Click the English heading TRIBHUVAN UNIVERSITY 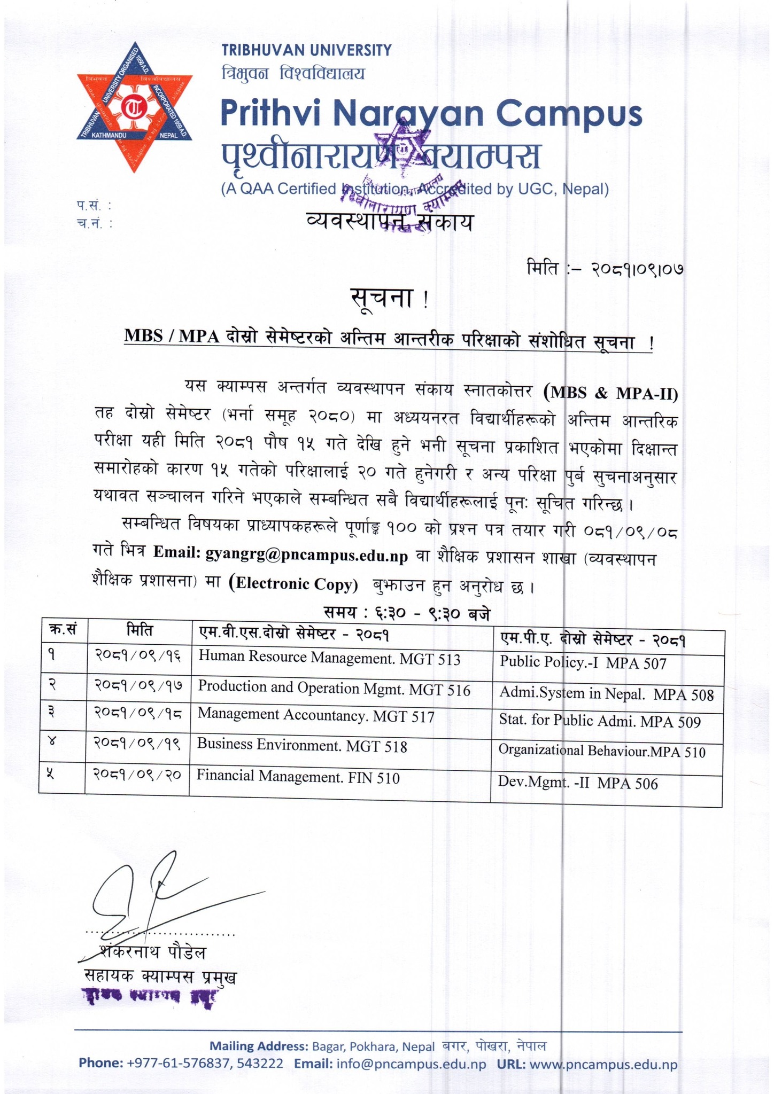coord(306,51)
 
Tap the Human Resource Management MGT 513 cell coord(329,659)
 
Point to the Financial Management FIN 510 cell coord(298,777)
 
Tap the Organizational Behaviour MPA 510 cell coord(601,752)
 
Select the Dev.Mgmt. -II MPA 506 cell coord(577,783)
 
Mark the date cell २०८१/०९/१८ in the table coord(137,716)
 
